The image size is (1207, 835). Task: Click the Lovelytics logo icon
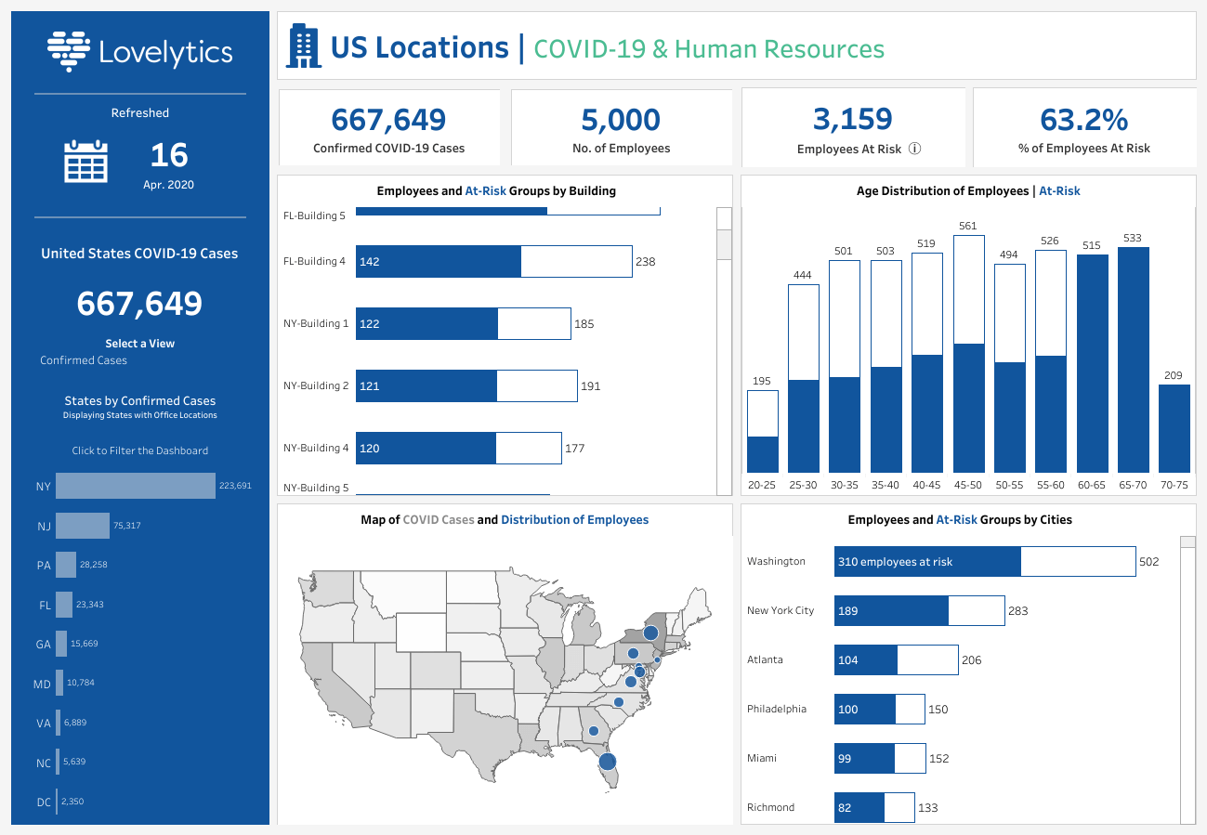pos(68,51)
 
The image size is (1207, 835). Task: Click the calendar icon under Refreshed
pos(85,161)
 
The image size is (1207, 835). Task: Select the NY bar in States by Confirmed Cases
pos(135,486)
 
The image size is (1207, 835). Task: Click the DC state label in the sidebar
pos(44,802)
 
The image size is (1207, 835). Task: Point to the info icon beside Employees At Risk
pos(914,149)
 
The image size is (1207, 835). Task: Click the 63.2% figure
pos(1083,120)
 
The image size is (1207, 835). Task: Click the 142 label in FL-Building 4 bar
pos(369,262)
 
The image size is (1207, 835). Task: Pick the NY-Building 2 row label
pos(315,385)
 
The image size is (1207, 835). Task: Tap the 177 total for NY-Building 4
pos(574,449)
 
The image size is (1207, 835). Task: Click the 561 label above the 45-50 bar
pos(968,226)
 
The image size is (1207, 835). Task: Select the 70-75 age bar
pos(1174,428)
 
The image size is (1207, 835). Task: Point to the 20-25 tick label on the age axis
pos(762,485)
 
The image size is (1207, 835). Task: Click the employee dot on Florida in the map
pos(607,762)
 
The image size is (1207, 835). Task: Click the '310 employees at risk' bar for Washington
pos(926,562)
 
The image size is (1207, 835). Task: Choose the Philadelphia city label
pos(777,709)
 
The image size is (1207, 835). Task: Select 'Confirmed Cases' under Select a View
pos(84,360)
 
